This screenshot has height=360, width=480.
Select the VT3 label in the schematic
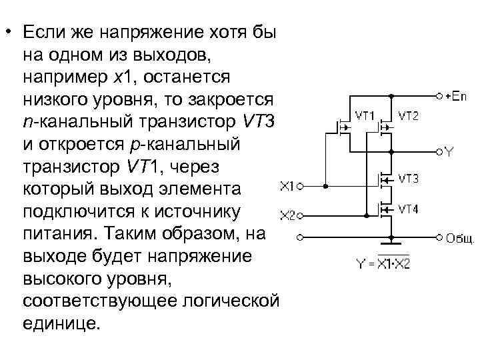tap(409, 179)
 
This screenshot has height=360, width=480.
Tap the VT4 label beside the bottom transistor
tap(409, 209)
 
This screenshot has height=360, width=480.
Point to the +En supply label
tap(457, 96)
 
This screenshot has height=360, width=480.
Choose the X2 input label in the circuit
tap(287, 215)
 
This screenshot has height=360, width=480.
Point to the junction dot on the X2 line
tap(366, 215)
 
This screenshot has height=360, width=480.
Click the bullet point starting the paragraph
tap(10, 33)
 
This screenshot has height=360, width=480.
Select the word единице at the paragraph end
tap(63, 324)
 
